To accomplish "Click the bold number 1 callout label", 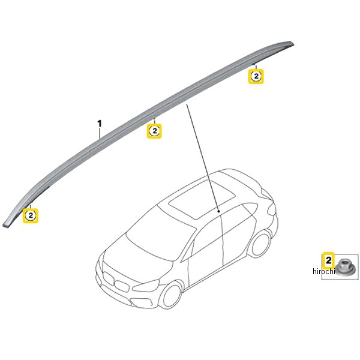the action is click(x=100, y=124).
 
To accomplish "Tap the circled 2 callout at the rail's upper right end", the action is click(x=256, y=76).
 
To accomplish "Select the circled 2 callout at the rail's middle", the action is click(x=155, y=131).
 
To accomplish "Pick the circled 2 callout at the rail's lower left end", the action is click(x=31, y=215).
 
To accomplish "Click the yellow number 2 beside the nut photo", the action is click(x=329, y=260).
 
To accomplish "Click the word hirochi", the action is click(x=323, y=271).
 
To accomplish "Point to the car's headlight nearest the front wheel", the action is click(x=146, y=285).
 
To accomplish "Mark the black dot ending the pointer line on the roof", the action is click(x=219, y=211).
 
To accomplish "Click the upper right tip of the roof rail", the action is click(x=293, y=43).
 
